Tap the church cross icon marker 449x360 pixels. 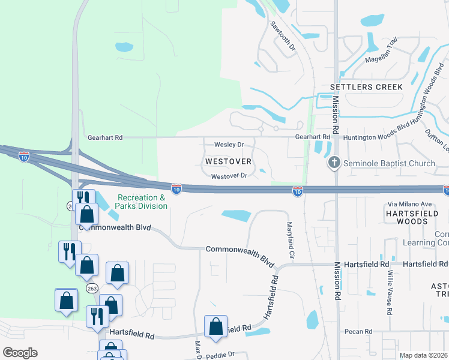334,163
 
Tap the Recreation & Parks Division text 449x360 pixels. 142,202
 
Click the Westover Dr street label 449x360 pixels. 229,176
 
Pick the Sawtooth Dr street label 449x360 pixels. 283,36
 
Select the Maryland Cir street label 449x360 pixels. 290,240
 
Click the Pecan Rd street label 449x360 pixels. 359,331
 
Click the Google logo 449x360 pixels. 20,353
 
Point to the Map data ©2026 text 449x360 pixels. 423,355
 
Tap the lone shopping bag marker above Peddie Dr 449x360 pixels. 215,327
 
